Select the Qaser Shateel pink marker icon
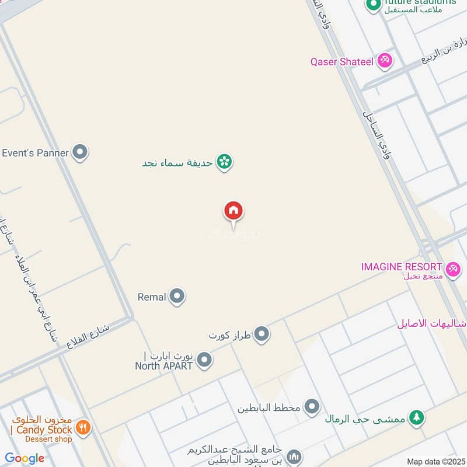[x=384, y=61]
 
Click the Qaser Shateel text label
[x=342, y=61]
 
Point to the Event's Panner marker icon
[x=80, y=153]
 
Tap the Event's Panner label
[x=36, y=153]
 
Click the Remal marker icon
[x=177, y=297]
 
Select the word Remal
[x=152, y=297]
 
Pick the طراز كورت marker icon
[x=262, y=334]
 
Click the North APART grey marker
[x=204, y=360]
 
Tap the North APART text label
[x=163, y=366]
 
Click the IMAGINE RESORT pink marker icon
[x=452, y=269]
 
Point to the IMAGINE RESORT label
[x=402, y=267]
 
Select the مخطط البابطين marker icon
[x=312, y=407]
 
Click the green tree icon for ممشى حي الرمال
[x=416, y=417]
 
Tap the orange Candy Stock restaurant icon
[x=83, y=428]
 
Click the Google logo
[x=25, y=458]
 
